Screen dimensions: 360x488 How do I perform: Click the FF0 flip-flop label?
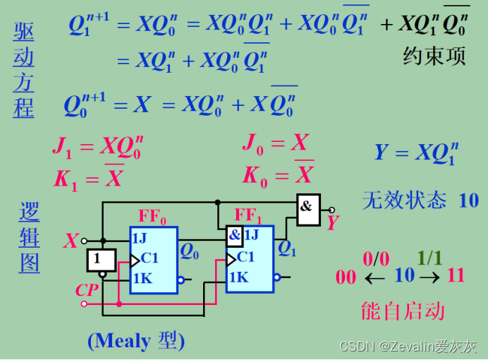point(152,217)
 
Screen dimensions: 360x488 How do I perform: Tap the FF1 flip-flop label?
point(248,215)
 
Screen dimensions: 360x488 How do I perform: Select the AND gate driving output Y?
point(307,209)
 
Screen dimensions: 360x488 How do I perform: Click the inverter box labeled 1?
point(98,260)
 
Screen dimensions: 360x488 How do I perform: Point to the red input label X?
point(71,241)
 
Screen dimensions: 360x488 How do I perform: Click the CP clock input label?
point(87,289)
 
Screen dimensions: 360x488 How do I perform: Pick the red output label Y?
point(333,223)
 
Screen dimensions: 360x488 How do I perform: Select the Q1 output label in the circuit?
point(287,248)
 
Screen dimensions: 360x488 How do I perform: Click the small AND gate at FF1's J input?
point(234,234)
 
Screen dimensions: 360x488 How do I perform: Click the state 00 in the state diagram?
point(346,276)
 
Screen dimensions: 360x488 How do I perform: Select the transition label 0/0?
point(375,258)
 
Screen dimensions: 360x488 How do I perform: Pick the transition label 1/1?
point(429,258)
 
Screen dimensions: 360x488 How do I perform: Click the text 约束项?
point(434,56)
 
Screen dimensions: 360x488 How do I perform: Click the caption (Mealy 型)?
point(135,341)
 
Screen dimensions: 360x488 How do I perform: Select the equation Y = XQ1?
point(416,153)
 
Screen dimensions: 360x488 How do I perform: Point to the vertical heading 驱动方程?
point(23,69)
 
